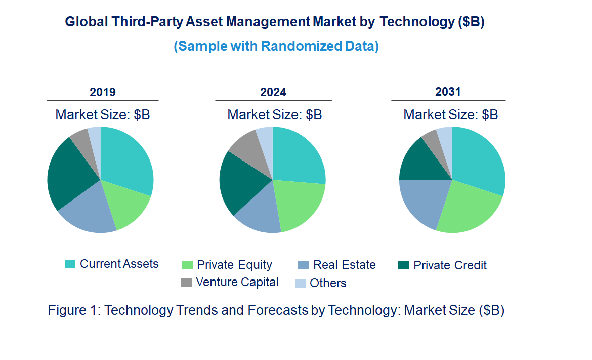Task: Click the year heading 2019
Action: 103,92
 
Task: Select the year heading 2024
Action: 273,92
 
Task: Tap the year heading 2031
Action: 448,92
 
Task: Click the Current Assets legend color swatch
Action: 70,264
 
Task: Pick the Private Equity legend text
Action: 234,265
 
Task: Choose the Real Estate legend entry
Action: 344,265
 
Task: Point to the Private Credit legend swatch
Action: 404,265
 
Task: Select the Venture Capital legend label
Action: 237,282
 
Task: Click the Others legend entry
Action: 328,283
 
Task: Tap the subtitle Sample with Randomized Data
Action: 276,46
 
